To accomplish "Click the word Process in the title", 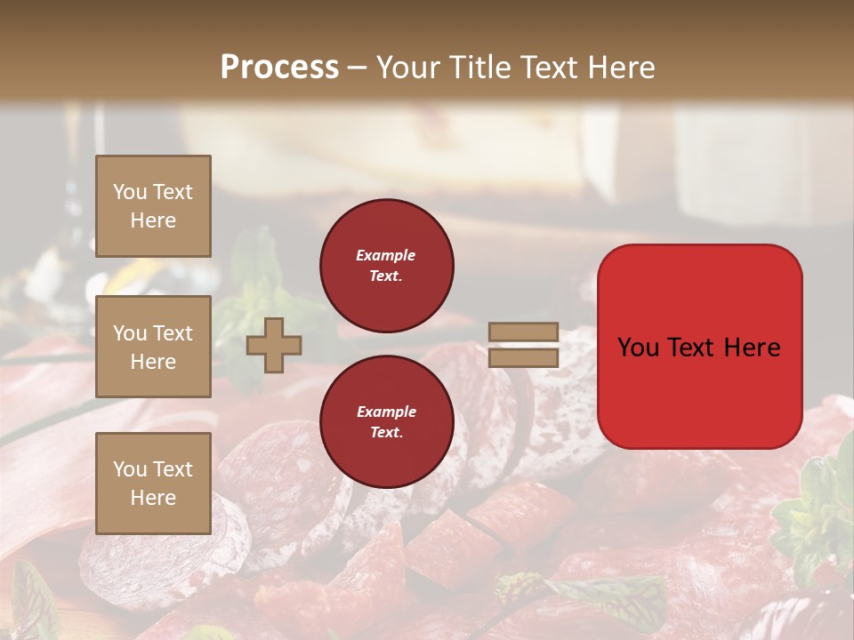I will pos(279,68).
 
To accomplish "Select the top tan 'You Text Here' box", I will pos(153,206).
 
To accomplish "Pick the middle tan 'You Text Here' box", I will pos(153,347).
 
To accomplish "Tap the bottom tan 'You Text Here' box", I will pos(153,483).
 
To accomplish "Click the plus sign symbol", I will pos(273,346).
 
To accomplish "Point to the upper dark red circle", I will pos(386,266).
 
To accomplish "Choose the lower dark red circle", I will pos(386,422).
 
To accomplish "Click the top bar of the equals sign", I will pos(523,332).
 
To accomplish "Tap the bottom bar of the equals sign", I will pos(523,358).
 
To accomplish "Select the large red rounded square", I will pos(699,347).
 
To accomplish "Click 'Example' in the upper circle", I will pos(386,255).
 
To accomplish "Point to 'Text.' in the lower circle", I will pos(386,433).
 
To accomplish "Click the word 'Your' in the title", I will pos(405,68).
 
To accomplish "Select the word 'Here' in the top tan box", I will pos(153,220).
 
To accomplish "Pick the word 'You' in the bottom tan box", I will pos(130,469).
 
